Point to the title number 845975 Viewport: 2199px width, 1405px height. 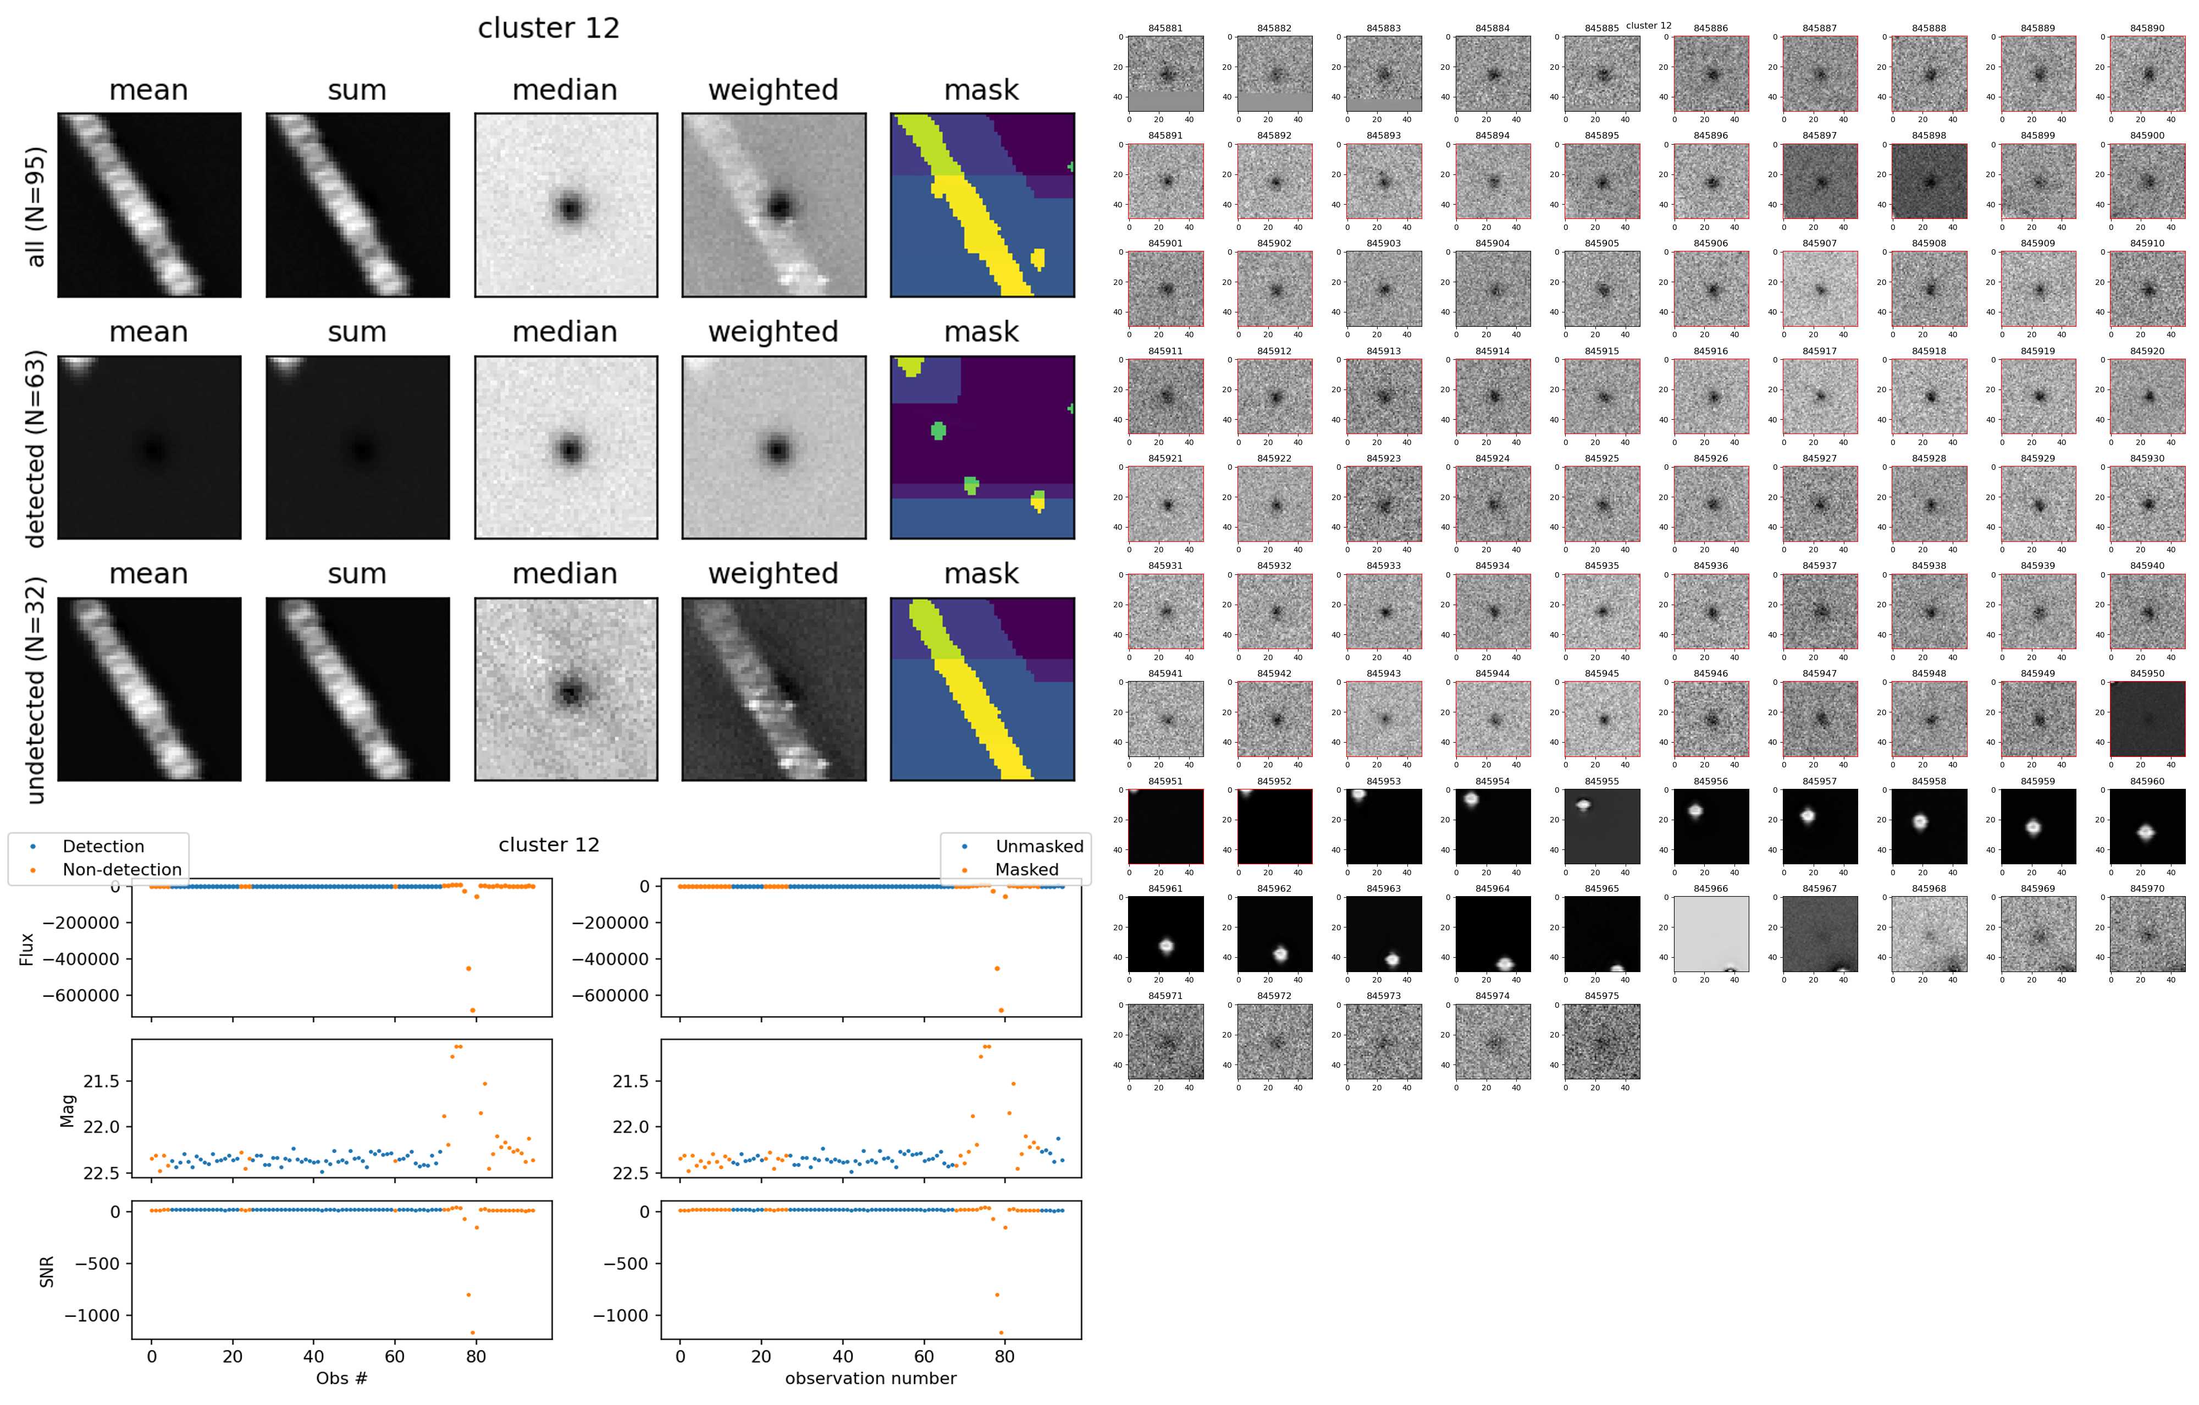coord(1602,996)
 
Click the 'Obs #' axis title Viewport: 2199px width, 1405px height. coord(341,1377)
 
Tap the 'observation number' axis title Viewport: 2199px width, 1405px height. coord(870,1377)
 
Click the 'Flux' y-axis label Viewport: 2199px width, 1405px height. coord(26,948)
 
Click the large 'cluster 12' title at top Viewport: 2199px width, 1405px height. coord(548,28)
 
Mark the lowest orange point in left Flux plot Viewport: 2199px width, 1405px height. coord(472,1009)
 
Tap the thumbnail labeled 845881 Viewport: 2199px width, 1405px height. coord(1165,73)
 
